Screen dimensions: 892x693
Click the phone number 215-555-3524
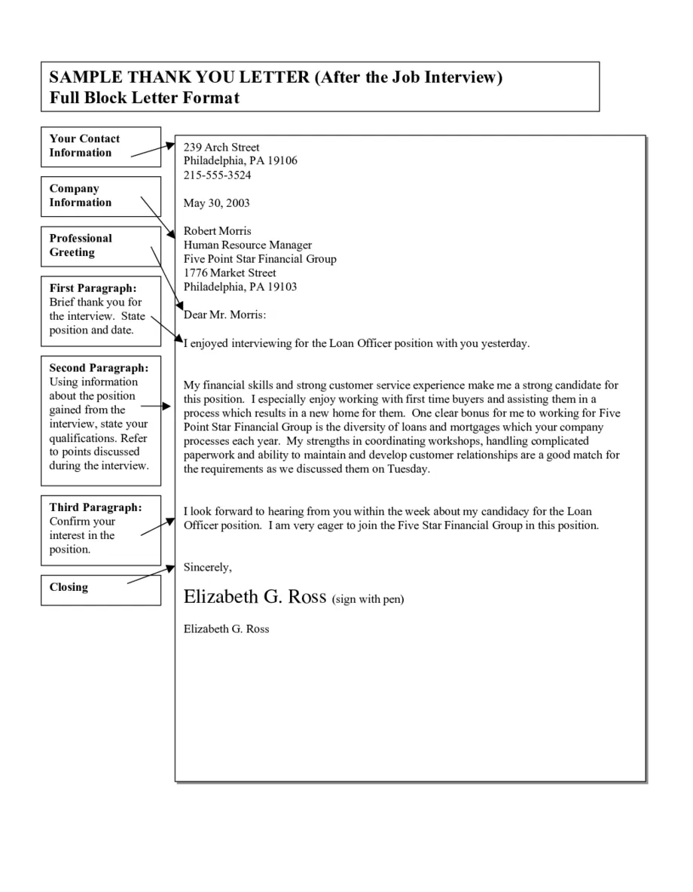point(217,175)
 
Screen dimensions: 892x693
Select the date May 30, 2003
point(216,203)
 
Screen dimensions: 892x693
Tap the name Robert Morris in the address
point(217,231)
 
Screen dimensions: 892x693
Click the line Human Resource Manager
point(247,245)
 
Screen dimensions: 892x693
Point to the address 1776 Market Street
point(230,272)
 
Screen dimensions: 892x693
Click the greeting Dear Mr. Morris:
point(224,315)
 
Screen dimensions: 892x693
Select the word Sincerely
point(207,567)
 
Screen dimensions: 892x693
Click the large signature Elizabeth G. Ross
point(255,597)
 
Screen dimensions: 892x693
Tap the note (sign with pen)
point(368,600)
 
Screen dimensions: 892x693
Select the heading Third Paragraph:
point(95,507)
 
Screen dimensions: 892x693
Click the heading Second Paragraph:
point(99,368)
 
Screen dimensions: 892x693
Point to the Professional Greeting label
point(81,245)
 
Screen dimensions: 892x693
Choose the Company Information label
point(80,196)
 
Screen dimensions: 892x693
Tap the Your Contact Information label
point(84,145)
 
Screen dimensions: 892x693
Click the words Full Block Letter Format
point(144,97)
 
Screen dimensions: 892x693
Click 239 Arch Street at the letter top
point(221,148)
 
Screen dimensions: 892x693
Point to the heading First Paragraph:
point(93,288)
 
